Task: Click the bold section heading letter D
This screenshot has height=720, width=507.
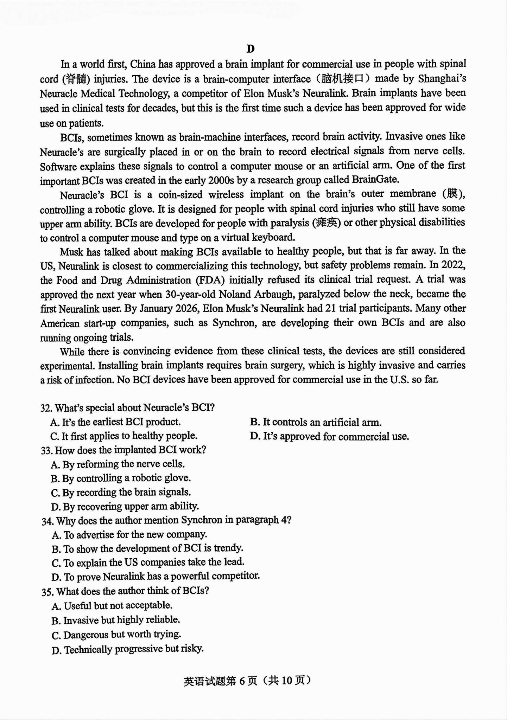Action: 251,49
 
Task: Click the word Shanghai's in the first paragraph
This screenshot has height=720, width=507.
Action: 442,78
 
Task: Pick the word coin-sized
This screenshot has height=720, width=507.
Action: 180,194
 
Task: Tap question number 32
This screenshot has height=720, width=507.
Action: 46,408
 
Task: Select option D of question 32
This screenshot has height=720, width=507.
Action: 329,437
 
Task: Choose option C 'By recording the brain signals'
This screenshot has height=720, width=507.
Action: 121,493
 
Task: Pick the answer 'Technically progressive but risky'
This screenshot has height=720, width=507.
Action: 127,649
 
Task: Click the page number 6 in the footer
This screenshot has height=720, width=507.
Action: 242,681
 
